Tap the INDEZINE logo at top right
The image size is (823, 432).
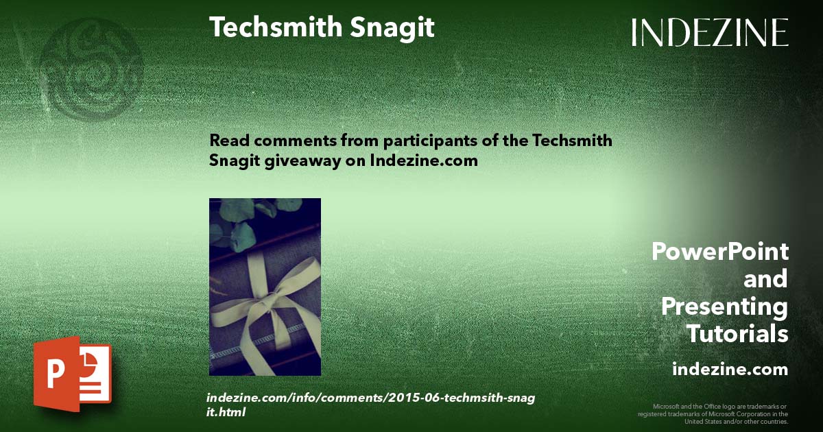(x=710, y=32)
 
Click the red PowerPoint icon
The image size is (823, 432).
(x=71, y=374)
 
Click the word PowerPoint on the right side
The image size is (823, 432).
(x=719, y=252)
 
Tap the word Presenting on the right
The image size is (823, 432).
(x=724, y=307)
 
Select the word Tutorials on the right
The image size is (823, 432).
(x=737, y=335)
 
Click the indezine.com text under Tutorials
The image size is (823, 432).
(x=730, y=370)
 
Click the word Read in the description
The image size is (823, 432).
(x=227, y=141)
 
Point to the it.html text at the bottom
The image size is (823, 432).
(x=226, y=413)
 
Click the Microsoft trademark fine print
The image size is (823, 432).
(x=713, y=414)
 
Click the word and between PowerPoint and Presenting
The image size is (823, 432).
(x=765, y=279)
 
